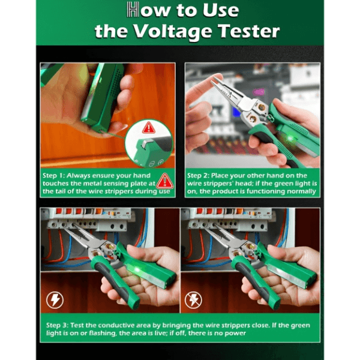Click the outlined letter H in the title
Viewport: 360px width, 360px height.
(x=133, y=10)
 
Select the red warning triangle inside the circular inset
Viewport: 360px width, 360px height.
(x=149, y=128)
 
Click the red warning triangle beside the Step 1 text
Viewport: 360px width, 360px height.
(x=165, y=181)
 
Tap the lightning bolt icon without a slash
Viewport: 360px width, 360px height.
(x=55, y=300)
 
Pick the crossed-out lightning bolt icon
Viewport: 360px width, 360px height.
(x=193, y=300)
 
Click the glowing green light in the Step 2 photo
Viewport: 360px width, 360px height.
(x=290, y=139)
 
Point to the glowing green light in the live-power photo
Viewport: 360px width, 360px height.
(x=138, y=269)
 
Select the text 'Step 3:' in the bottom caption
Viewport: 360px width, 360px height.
(x=57, y=325)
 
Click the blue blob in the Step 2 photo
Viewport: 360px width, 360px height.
(x=236, y=112)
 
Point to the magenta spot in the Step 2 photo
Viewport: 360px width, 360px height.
(x=259, y=92)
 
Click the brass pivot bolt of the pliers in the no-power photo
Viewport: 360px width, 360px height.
(x=250, y=247)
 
